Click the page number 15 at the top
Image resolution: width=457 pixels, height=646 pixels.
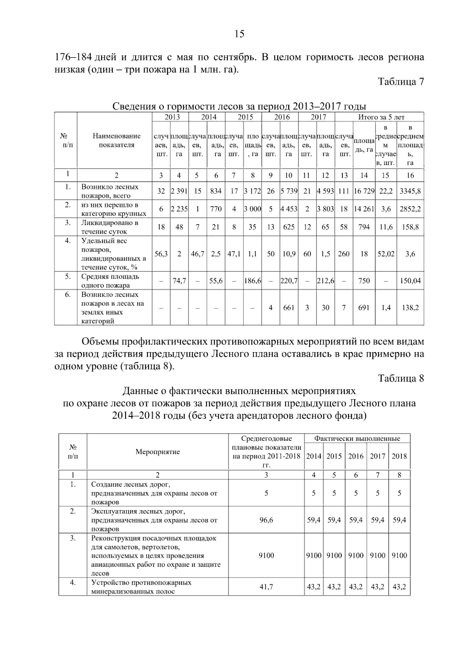pos(239,34)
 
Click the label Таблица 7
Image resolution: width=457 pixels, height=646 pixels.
pos(401,81)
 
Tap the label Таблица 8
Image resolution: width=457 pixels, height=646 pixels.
pos(401,378)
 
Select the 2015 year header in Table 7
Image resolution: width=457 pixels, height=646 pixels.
pos(245,117)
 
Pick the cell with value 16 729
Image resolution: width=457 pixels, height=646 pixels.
pos(364,191)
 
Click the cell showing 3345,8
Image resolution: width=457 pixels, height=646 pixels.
pos(410,191)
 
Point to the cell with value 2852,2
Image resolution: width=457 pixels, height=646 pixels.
pos(410,209)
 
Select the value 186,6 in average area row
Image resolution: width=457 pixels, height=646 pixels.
pos(252,281)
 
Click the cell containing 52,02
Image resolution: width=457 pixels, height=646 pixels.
pos(386,254)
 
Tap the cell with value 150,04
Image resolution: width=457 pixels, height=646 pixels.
pos(410,281)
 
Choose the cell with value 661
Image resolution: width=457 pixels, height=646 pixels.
pos(289,308)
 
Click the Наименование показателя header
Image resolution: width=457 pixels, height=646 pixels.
pos(117,140)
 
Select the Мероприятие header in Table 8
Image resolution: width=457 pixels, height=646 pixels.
pos(158,452)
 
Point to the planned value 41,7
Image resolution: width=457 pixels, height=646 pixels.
pos(266,587)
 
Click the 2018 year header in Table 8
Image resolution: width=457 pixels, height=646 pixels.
pos(399,456)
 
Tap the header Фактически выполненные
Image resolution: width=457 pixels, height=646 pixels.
pos(357,439)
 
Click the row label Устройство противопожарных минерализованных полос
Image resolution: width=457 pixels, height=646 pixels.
pos(141,587)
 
